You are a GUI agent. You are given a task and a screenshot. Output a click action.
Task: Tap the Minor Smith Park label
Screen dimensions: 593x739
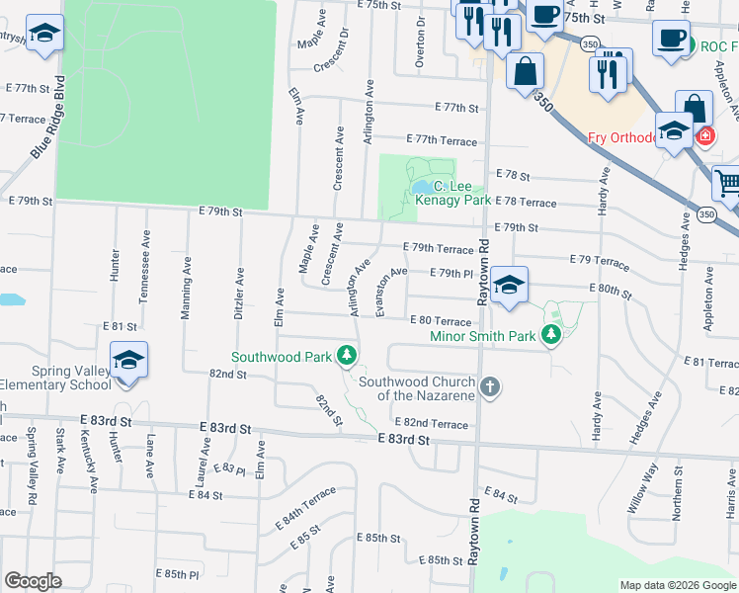coord(482,336)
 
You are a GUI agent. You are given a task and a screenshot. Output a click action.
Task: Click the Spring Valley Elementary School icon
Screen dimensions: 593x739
coord(127,361)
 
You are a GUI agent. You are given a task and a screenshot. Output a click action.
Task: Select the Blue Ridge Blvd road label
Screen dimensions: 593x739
coord(46,118)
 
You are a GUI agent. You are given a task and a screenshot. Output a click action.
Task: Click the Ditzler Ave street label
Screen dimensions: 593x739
coord(239,293)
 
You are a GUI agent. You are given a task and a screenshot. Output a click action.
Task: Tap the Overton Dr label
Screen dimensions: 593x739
coord(421,41)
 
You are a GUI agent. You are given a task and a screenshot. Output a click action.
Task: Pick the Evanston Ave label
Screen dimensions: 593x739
coord(391,292)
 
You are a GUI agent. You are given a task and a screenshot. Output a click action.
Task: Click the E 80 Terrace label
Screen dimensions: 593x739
coord(440,320)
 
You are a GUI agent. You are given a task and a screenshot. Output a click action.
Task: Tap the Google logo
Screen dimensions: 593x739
coord(33,581)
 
